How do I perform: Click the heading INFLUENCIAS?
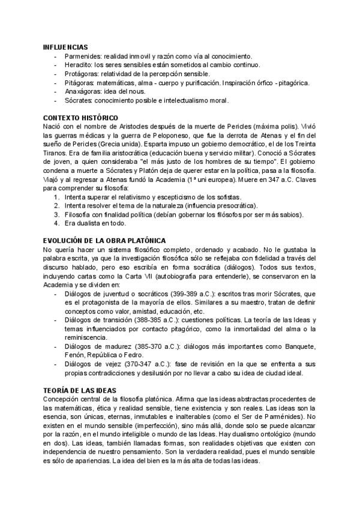click(x=65, y=47)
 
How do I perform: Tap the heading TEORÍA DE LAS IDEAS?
click(x=83, y=390)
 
